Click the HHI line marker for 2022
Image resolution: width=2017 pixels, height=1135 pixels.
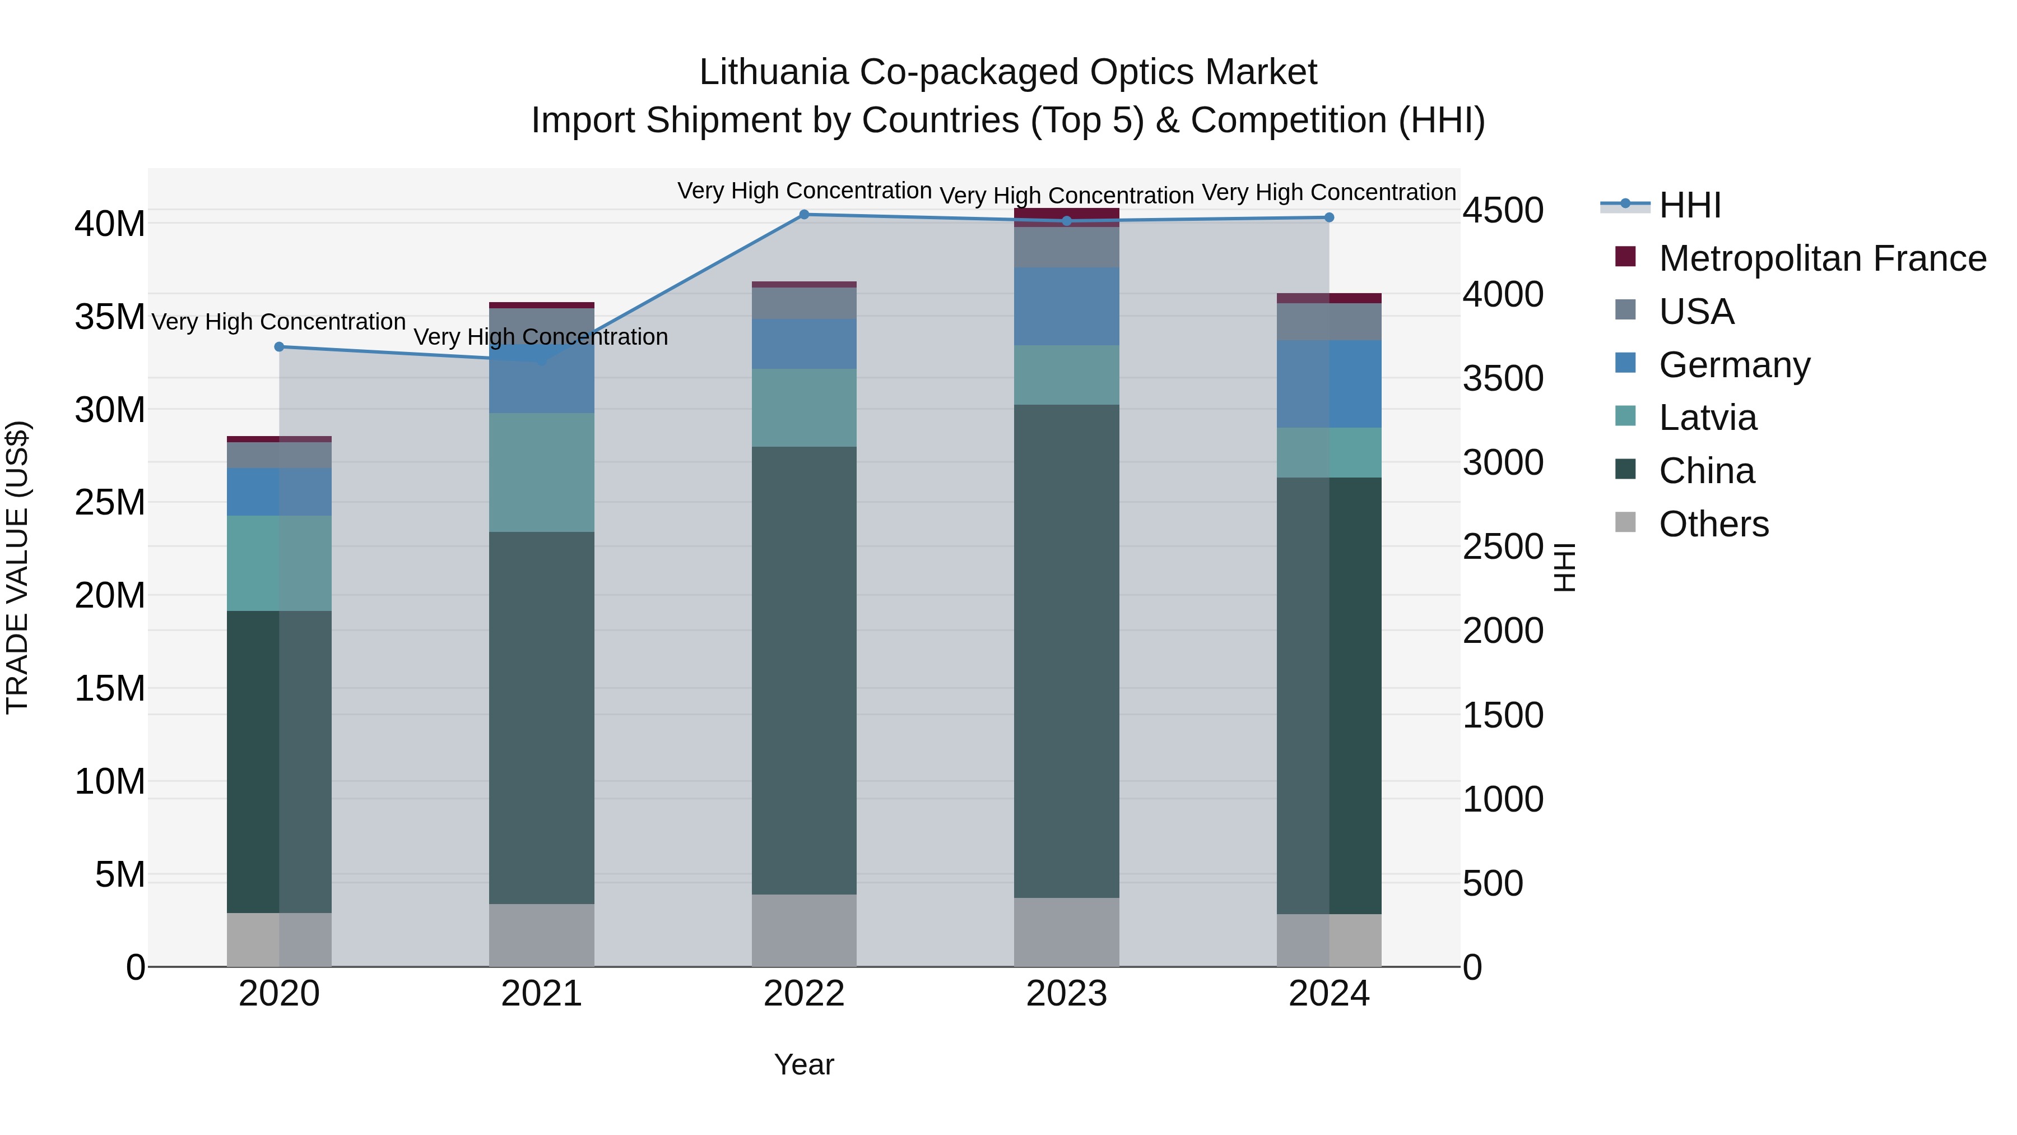(803, 214)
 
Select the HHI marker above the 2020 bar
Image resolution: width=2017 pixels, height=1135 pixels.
(279, 346)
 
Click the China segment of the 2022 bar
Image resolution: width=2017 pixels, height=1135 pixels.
(803, 670)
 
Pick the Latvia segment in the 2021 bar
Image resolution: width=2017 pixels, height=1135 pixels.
(541, 472)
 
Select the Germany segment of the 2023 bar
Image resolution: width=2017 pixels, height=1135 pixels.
(1066, 305)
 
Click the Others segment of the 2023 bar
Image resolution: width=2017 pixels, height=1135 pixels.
(1066, 932)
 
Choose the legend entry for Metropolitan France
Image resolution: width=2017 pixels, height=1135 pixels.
(1821, 258)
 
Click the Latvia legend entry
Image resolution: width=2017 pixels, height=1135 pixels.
(1707, 418)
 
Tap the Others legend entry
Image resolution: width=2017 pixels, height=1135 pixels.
(1713, 524)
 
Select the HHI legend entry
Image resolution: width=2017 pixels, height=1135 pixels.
(1690, 205)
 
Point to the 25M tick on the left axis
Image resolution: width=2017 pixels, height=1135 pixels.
(110, 502)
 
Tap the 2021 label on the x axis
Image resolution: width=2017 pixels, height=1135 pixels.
(541, 994)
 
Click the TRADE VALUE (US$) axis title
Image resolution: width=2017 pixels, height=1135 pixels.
(17, 567)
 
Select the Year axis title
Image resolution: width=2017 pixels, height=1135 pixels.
(803, 1064)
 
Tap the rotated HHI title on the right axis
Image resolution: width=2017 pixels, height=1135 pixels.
(1564, 567)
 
